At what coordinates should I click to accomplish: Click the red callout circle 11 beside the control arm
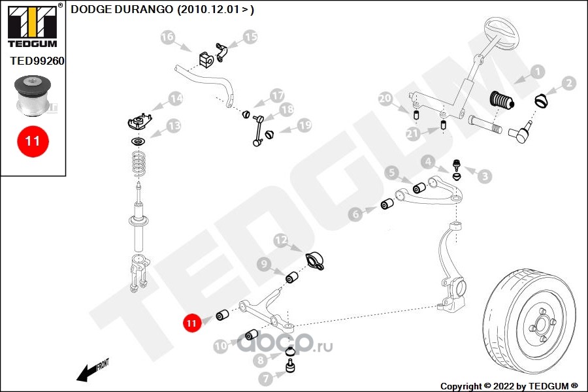pyautogui.click(x=191, y=323)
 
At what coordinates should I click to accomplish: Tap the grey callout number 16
pyautogui.click(x=168, y=38)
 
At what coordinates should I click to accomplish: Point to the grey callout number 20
pyautogui.click(x=385, y=99)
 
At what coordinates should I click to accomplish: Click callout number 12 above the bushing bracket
pyautogui.click(x=280, y=241)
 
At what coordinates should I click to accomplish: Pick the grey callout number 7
pyautogui.click(x=265, y=378)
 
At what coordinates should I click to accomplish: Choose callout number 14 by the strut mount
pyautogui.click(x=174, y=99)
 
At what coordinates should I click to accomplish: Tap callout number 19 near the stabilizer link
pyautogui.click(x=304, y=125)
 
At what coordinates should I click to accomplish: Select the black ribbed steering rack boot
pyautogui.click(x=502, y=102)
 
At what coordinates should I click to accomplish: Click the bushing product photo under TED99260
pyautogui.click(x=33, y=95)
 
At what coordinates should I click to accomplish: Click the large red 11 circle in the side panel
pyautogui.click(x=33, y=141)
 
